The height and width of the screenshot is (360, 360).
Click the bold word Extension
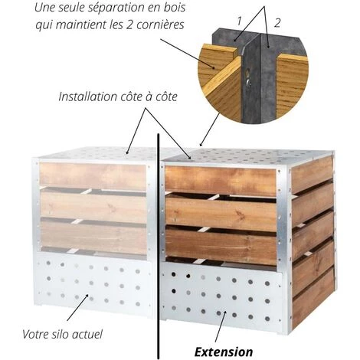224,352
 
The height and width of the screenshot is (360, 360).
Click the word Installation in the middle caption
88,97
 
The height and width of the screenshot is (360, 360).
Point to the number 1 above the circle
239,21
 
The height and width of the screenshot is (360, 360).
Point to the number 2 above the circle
277,23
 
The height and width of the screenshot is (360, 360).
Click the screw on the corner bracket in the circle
248,82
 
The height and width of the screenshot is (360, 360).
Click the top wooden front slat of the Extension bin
221,181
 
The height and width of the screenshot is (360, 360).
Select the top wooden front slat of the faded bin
93,176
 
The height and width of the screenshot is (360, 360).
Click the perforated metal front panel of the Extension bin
221,296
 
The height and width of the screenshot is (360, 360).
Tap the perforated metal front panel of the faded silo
94,283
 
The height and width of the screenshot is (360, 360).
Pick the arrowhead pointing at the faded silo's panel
87,296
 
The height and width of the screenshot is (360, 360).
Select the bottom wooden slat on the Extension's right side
313,299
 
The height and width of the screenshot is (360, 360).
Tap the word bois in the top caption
175,8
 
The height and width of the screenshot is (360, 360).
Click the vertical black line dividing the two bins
159,246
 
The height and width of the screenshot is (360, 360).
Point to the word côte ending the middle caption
166,97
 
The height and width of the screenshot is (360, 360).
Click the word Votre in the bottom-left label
32,334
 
